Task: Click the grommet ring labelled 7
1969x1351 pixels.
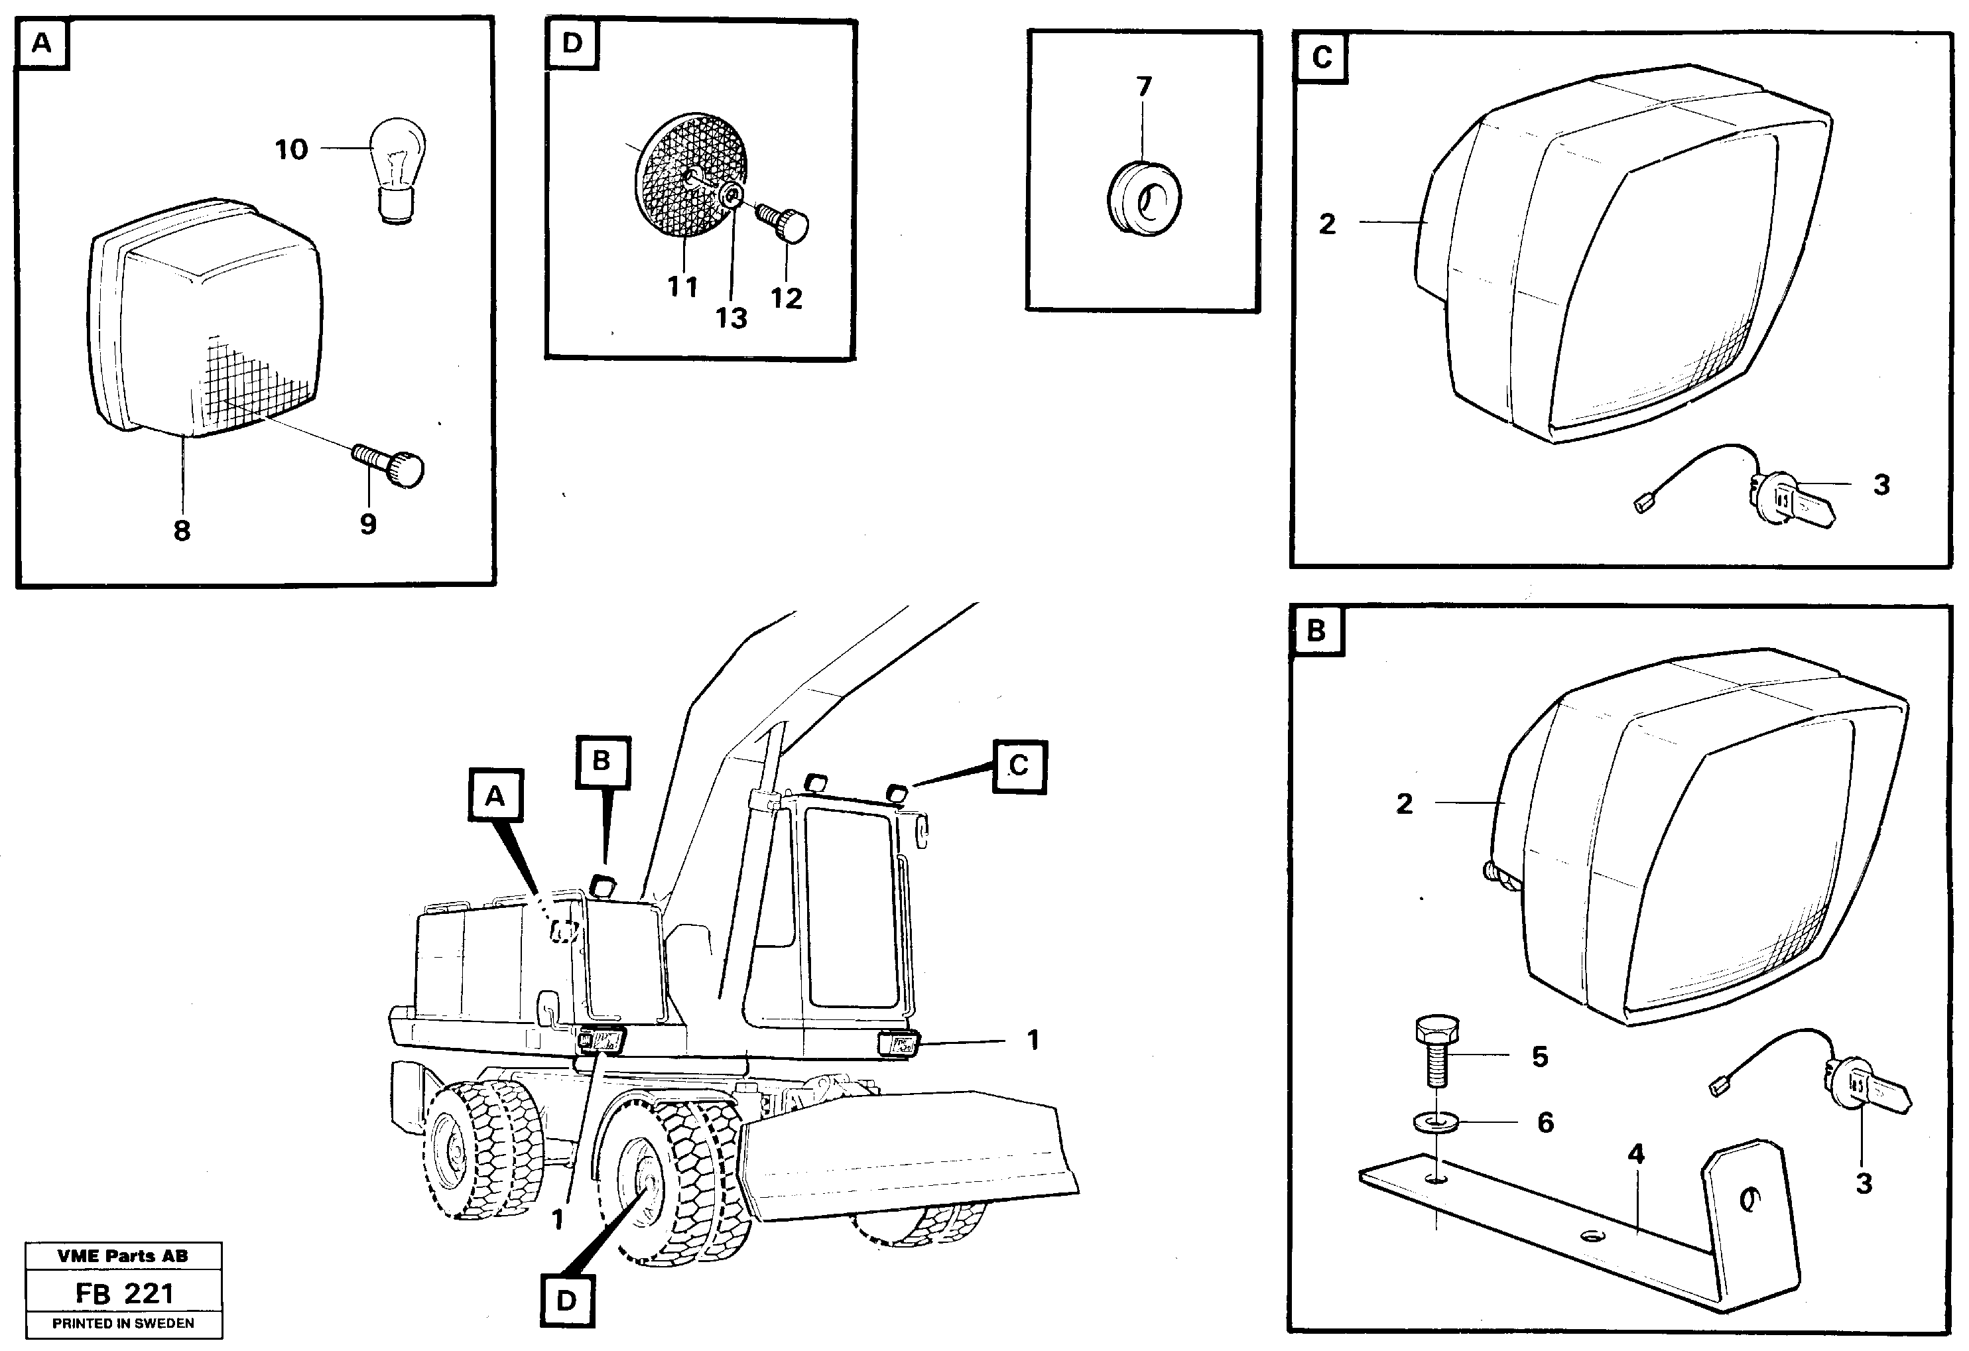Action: (1145, 201)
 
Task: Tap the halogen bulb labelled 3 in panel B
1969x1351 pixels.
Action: (1864, 1100)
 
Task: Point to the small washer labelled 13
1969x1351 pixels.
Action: (730, 198)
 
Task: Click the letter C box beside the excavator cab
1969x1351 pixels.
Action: (1019, 766)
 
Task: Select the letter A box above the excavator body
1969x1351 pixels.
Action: (495, 796)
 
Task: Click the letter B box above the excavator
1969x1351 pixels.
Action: (602, 761)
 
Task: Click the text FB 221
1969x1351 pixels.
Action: (124, 1293)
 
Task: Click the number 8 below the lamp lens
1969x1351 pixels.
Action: (182, 531)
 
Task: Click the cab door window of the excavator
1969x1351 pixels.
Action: (850, 907)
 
